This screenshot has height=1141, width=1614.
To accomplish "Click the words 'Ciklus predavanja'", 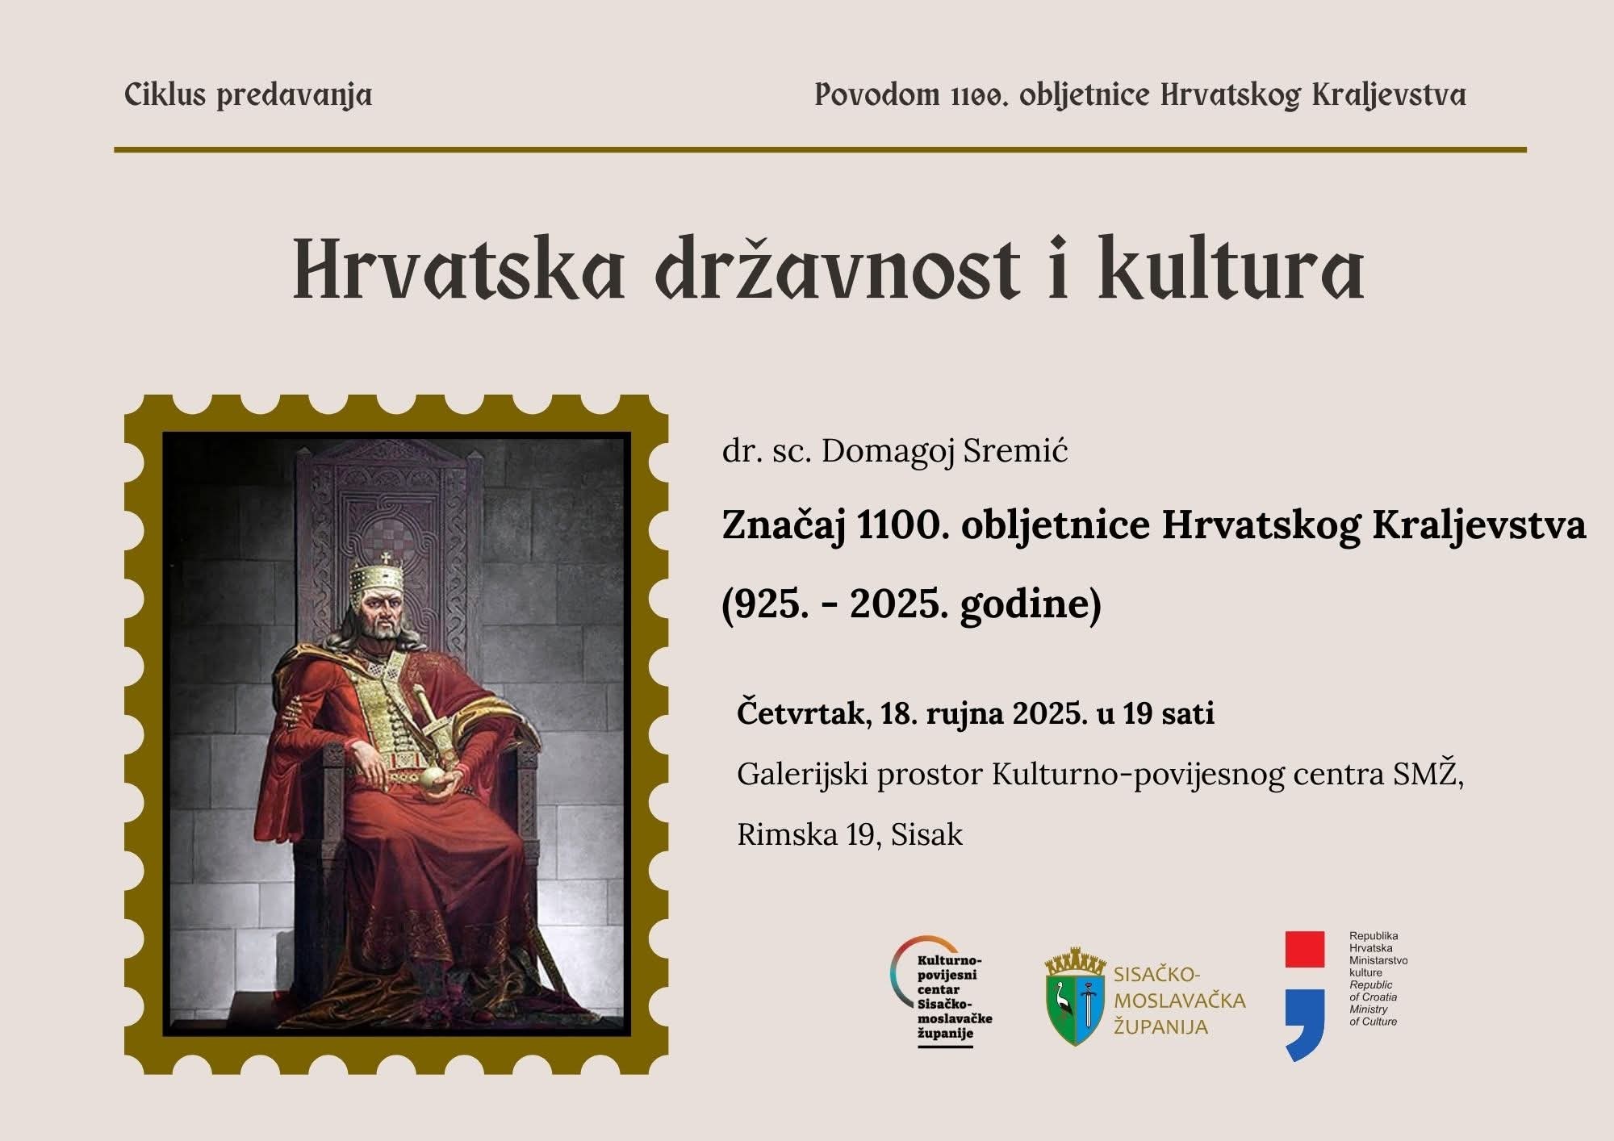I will [248, 96].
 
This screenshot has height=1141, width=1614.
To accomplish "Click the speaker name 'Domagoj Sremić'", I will [944, 451].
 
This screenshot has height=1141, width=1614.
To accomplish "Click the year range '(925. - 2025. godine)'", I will [911, 604].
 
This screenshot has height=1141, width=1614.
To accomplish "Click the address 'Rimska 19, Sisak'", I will [850, 834].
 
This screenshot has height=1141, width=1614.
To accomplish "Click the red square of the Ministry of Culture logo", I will [1304, 949].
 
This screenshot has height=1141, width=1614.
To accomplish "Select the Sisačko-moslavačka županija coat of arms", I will [1075, 997].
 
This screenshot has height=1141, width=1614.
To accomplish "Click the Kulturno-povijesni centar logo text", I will [955, 997].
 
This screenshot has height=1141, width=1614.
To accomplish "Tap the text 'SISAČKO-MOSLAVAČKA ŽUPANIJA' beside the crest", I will [1178, 1001].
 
